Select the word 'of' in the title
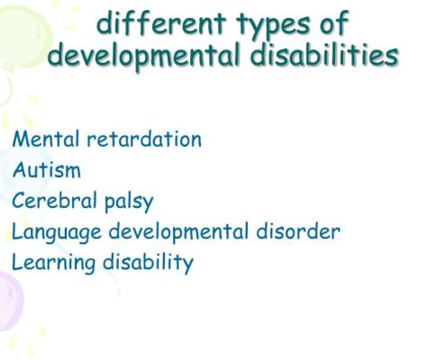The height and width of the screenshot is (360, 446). pyautogui.click(x=334, y=22)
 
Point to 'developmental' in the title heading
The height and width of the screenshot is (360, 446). pyautogui.click(x=143, y=57)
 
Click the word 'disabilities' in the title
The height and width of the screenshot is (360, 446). pyautogui.click(x=324, y=55)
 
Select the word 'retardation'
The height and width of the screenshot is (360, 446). pyautogui.click(x=144, y=139)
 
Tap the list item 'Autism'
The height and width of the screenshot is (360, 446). pyautogui.click(x=47, y=170)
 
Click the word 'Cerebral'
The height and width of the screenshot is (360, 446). pyautogui.click(x=54, y=201)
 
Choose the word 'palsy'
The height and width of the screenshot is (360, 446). pyautogui.click(x=129, y=202)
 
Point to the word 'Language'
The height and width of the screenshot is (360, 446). pyautogui.click(x=57, y=233)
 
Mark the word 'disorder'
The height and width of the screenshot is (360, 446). pyautogui.click(x=298, y=231)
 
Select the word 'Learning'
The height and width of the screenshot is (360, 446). pyautogui.click(x=53, y=264)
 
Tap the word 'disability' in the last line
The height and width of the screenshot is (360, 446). pyautogui.click(x=148, y=264)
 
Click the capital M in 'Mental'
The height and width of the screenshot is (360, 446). pyautogui.click(x=21, y=139)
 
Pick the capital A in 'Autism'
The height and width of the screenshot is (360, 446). pyautogui.click(x=19, y=170)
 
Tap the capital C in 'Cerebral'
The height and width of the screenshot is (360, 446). pyautogui.click(x=18, y=201)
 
